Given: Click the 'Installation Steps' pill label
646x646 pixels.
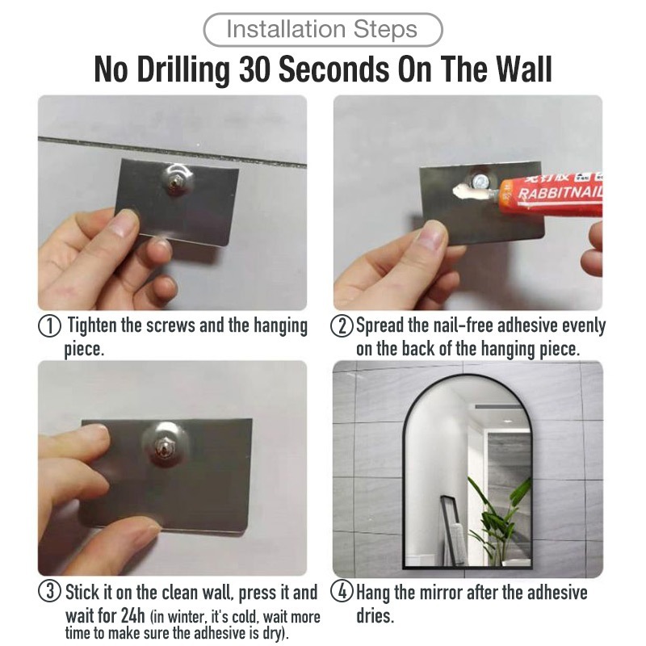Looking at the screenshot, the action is click(x=322, y=30).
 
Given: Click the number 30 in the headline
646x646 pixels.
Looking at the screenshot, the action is click(x=254, y=69).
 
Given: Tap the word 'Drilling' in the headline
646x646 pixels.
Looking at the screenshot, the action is click(x=183, y=70).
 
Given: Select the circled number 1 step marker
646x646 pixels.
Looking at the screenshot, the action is click(x=49, y=326).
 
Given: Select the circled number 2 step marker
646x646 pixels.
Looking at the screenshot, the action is click(x=342, y=326).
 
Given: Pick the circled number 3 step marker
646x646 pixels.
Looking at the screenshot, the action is click(x=49, y=591).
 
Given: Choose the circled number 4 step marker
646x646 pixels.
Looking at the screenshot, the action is click(x=342, y=591).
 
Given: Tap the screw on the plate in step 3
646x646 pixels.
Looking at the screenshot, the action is click(x=164, y=447).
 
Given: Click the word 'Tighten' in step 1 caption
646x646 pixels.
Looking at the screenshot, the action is click(x=91, y=326).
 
